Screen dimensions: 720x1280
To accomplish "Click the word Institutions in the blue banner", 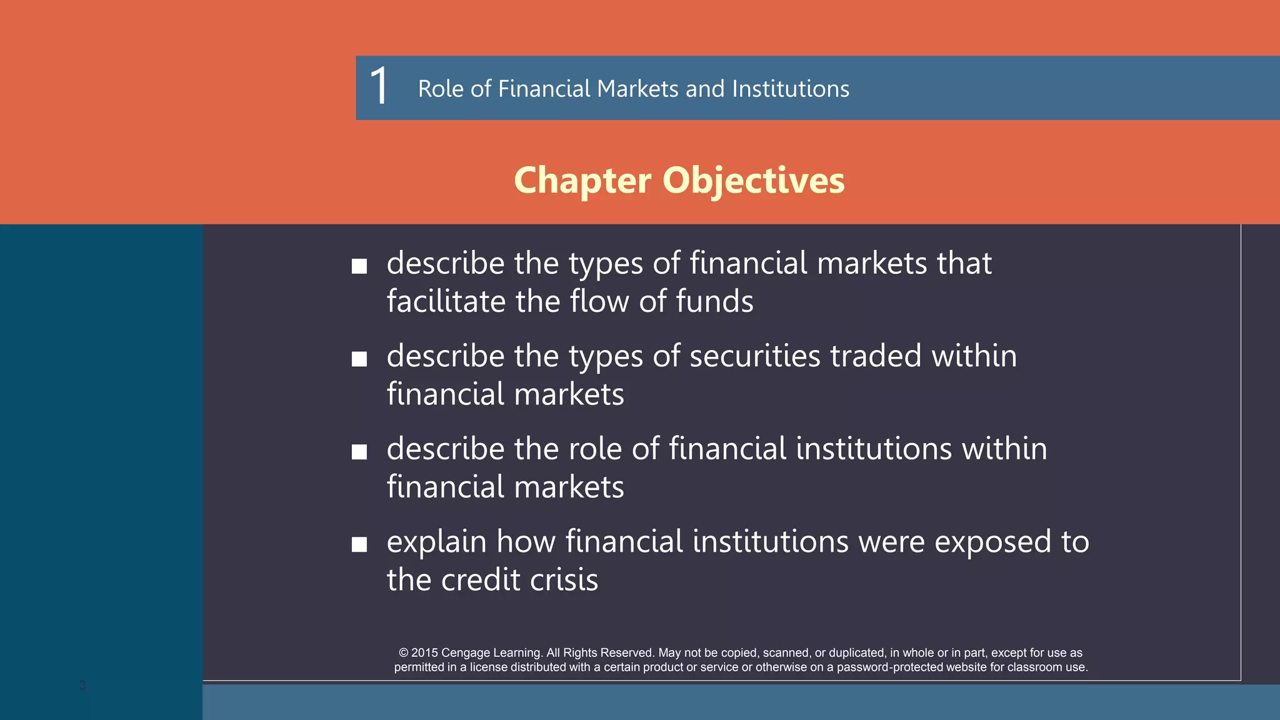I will click(790, 89).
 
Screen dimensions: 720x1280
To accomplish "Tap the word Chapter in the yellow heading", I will click(582, 180).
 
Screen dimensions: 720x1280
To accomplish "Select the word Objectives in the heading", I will click(753, 180).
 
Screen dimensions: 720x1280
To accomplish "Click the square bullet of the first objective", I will click(359, 267).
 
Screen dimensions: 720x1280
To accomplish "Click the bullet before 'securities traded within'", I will click(359, 359).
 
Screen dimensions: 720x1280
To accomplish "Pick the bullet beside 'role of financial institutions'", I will click(359, 452).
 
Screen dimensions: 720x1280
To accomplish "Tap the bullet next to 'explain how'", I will click(359, 544).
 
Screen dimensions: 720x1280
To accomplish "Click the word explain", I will click(436, 542).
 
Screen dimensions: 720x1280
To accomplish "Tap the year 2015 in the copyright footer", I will click(424, 652).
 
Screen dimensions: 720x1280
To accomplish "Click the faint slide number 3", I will click(82, 685).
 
